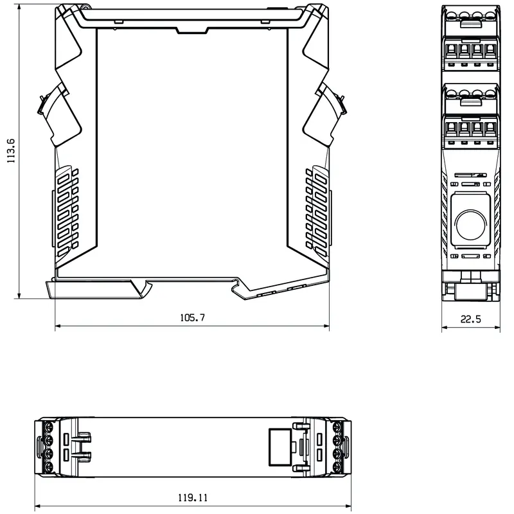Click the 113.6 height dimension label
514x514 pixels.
coord(11,151)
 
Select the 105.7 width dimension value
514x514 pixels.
coord(192,317)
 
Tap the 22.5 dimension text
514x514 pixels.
coord(471,319)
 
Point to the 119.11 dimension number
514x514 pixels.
coord(193,498)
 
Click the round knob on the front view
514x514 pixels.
coord(471,226)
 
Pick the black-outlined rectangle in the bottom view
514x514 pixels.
coord(280,447)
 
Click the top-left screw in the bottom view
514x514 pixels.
coord(49,427)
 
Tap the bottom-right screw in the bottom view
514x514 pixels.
coord(337,467)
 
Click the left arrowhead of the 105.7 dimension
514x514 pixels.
coord(58,326)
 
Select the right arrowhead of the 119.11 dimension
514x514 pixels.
coord(348,506)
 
